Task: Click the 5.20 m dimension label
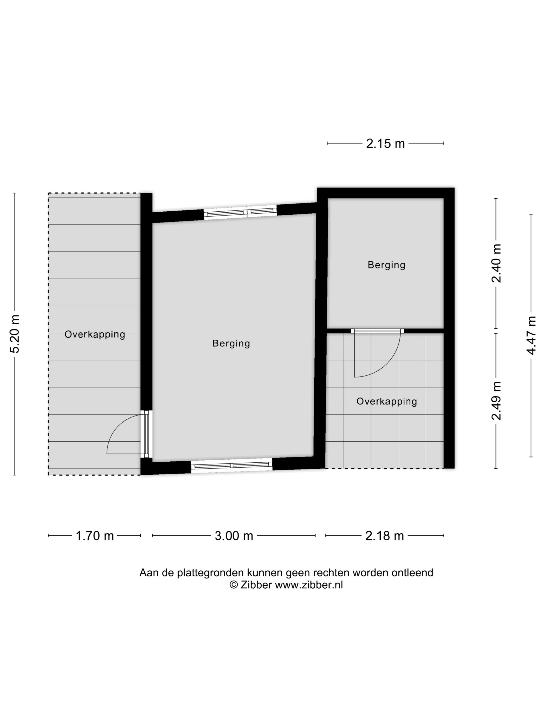pos(15,334)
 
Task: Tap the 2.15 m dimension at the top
pos(385,144)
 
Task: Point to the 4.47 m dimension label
pos(531,335)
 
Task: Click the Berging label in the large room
pos(231,344)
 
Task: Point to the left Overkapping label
pos(95,335)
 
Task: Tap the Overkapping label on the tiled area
pos(387,402)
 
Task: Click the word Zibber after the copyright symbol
pos(256,585)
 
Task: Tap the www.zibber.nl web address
pos(309,585)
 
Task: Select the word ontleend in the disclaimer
pos(412,573)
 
